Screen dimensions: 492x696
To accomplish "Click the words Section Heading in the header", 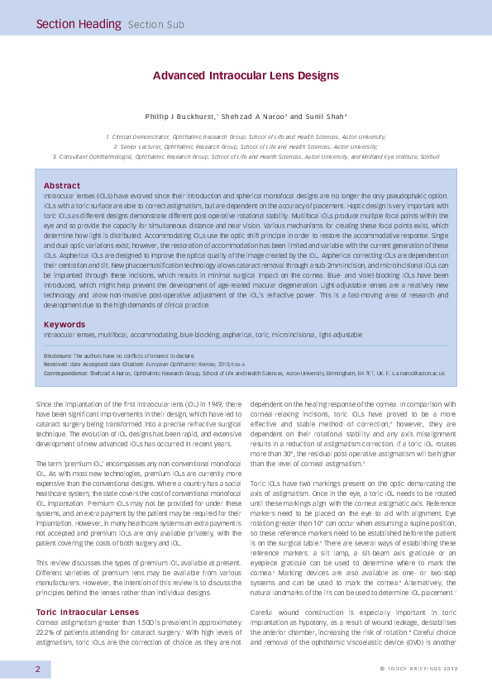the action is (78, 24).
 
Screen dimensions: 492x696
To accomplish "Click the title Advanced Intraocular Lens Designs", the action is (246, 75).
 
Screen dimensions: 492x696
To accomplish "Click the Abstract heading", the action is (62, 185).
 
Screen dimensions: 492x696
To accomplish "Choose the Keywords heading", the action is (64, 324).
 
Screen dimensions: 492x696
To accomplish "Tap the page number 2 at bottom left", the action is (37, 669).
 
